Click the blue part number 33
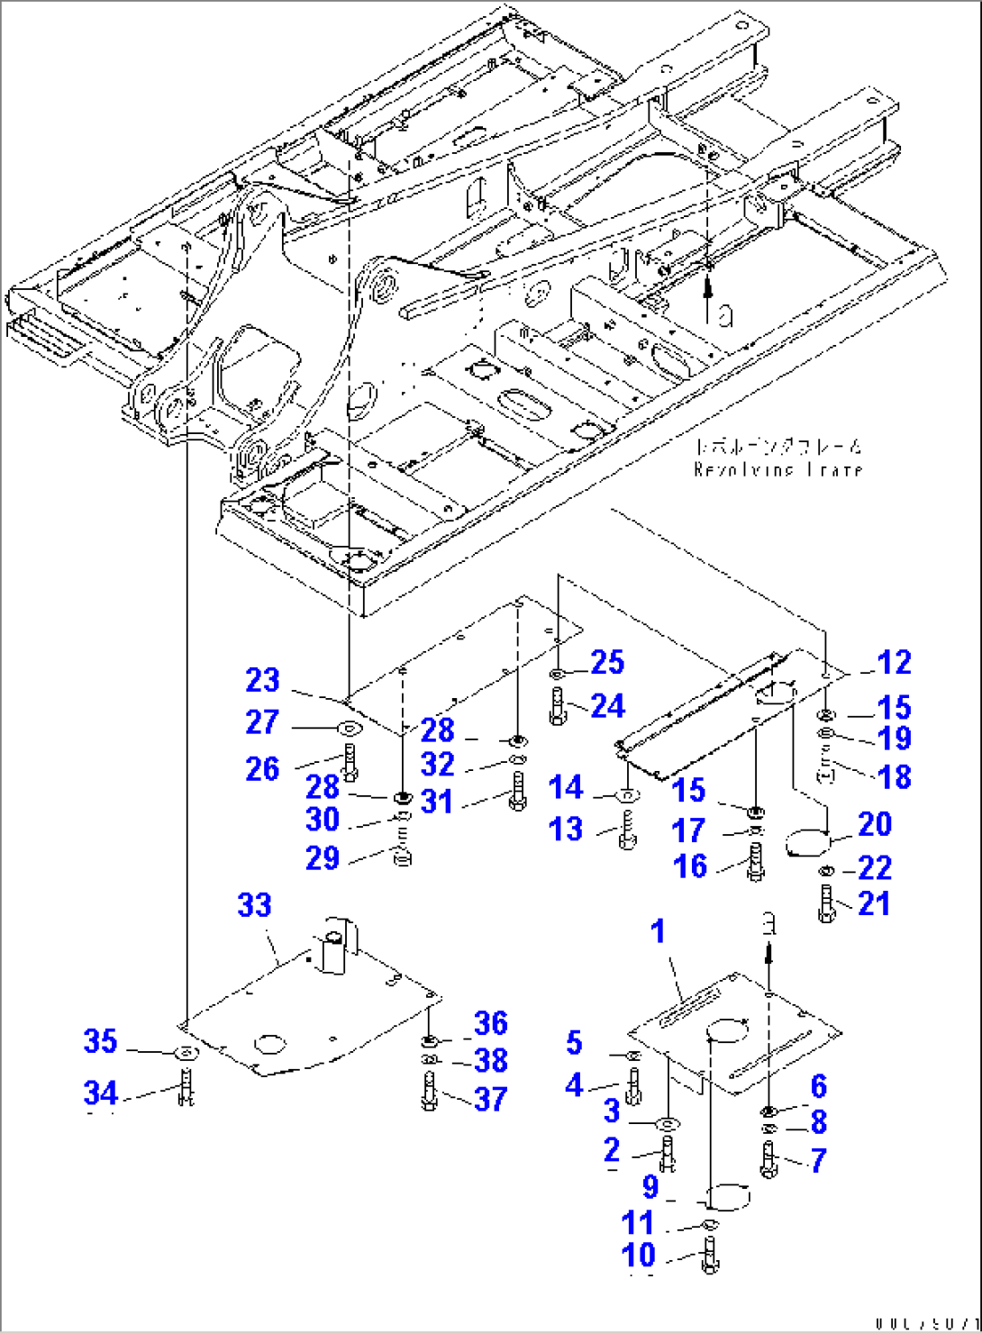tap(254, 904)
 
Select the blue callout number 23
tap(262, 680)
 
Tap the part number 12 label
tap(894, 663)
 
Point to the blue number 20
tap(874, 824)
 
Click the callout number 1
tap(658, 931)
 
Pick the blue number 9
tap(650, 1188)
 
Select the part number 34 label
tap(100, 1093)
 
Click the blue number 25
tap(607, 662)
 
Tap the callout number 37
tap(490, 1099)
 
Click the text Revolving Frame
tap(778, 469)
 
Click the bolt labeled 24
tap(556, 705)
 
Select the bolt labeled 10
tap(709, 1254)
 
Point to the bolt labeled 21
tap(827, 903)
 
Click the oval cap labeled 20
tap(806, 844)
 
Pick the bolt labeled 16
tap(755, 862)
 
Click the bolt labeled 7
tap(768, 1159)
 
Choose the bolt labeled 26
tap(350, 764)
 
